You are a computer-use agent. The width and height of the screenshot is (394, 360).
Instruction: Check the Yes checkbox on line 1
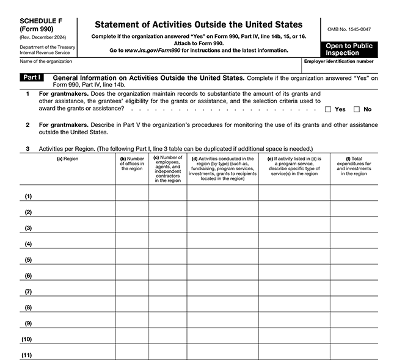click(x=328, y=109)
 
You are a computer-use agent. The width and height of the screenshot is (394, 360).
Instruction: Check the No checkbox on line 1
click(x=357, y=109)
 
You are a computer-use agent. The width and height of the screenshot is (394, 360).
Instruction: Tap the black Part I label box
click(x=31, y=79)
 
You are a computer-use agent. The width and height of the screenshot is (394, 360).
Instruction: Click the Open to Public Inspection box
click(x=349, y=49)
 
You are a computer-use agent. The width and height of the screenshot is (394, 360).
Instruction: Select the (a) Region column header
click(x=68, y=159)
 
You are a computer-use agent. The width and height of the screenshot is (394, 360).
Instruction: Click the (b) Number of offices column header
click(x=132, y=164)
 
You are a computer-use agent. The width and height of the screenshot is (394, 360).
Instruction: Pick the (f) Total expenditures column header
click(x=354, y=166)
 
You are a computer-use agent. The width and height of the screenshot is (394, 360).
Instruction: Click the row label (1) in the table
click(x=28, y=196)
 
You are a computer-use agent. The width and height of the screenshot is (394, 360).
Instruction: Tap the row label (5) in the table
click(x=28, y=259)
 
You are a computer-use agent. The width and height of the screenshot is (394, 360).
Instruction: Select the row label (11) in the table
click(x=27, y=355)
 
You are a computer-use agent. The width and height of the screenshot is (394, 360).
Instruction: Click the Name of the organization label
click(x=46, y=61)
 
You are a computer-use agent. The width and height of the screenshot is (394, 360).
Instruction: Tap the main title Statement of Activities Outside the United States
click(x=198, y=24)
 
